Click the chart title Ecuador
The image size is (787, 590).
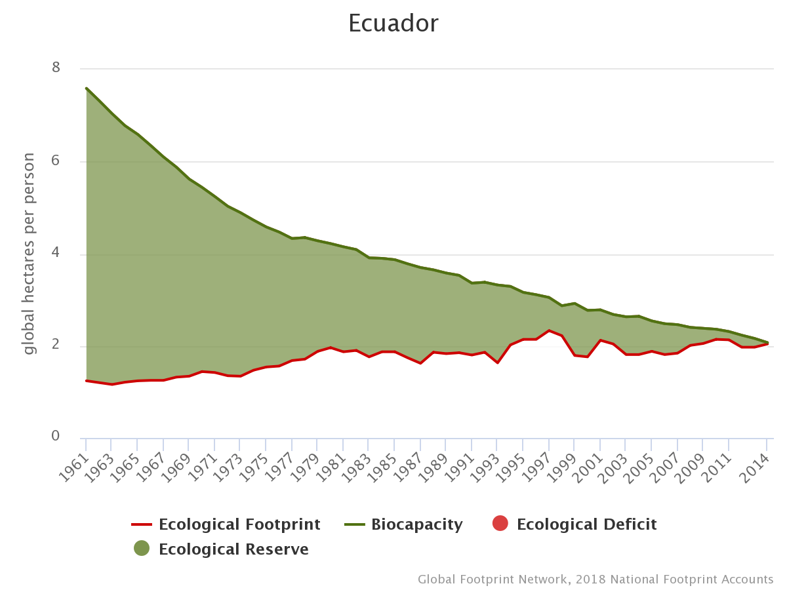(x=393, y=24)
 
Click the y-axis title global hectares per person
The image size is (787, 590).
(x=29, y=254)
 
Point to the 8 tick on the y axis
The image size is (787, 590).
(x=55, y=68)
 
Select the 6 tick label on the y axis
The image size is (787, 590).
(x=55, y=161)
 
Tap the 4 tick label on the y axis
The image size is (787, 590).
(x=55, y=253)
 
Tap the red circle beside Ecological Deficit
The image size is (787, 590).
(x=500, y=524)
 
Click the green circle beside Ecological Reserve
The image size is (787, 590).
(x=142, y=549)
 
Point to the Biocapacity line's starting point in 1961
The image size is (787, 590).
(x=86, y=88)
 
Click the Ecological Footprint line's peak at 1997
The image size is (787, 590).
(x=548, y=330)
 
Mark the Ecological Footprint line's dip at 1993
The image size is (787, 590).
(x=497, y=363)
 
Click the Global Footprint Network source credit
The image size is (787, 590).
(x=595, y=580)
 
